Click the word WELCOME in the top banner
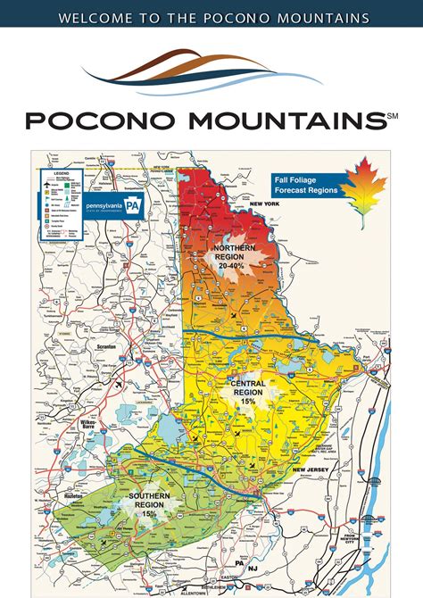[93, 18]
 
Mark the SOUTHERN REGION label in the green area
[145, 501]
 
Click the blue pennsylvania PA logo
[112, 204]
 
